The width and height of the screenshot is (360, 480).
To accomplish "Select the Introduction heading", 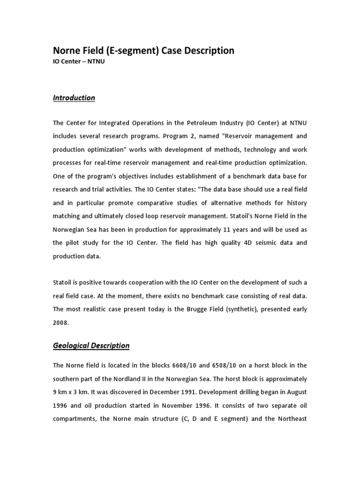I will tap(74, 98).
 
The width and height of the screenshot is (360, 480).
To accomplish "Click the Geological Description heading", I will tap(91, 345).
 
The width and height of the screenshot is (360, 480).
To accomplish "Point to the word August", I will tap(296, 392).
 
